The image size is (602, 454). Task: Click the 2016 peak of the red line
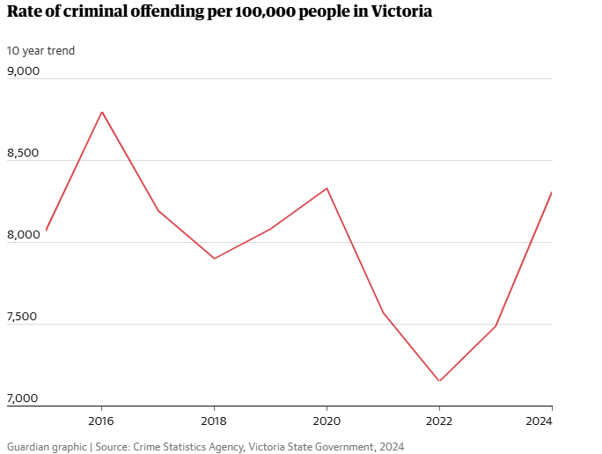tap(102, 112)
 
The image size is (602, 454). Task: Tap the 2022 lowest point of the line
tap(439, 381)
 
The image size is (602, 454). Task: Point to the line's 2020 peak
tap(327, 188)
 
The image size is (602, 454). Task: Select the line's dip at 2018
tap(214, 258)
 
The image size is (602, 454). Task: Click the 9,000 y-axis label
tap(24, 71)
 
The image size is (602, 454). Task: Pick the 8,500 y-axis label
tap(24, 153)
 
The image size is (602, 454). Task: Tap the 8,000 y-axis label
tap(24, 235)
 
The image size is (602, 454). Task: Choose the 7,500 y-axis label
tap(24, 317)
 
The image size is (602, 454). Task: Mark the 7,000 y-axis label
tap(24, 399)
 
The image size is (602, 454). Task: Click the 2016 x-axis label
tap(102, 420)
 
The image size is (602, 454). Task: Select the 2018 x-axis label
tap(214, 420)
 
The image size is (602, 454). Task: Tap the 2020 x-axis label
tap(327, 420)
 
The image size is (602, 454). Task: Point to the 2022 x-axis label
tap(439, 420)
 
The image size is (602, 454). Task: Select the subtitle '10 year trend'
tap(41, 50)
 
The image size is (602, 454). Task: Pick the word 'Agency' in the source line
tap(225, 447)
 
